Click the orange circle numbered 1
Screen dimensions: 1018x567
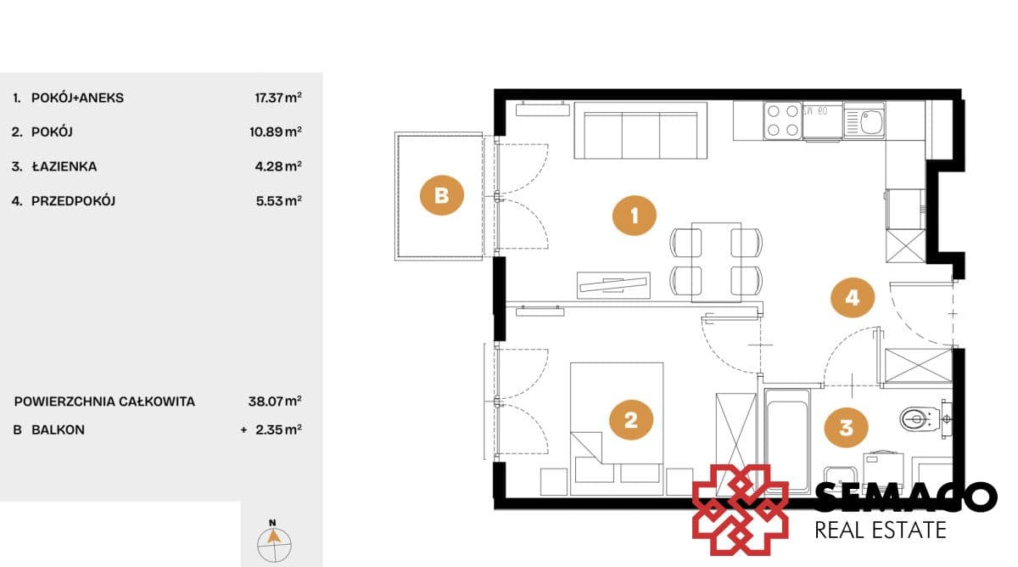tap(634, 216)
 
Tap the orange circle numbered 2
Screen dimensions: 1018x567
tap(631, 419)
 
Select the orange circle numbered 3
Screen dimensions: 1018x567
tap(846, 428)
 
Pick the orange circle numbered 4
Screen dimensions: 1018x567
tap(852, 297)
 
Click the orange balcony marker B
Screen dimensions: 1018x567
tap(441, 195)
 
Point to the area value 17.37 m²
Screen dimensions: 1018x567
tap(278, 98)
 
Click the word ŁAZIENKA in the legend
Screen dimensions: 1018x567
tap(64, 166)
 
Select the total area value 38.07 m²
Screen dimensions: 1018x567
tap(275, 401)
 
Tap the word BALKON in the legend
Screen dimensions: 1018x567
tap(58, 429)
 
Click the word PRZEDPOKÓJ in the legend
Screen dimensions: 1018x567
tap(73, 200)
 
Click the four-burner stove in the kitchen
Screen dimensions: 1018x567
tap(782, 121)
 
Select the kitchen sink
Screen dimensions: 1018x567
tap(864, 121)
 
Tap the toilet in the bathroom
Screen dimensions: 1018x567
tap(920, 418)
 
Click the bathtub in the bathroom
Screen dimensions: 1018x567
tap(787, 441)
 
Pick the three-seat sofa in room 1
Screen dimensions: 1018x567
tap(640, 131)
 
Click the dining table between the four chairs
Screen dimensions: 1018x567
tap(716, 262)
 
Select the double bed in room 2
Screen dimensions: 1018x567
tap(617, 429)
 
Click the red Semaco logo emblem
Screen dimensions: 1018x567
tap(741, 510)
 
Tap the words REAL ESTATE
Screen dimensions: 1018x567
tap(881, 531)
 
